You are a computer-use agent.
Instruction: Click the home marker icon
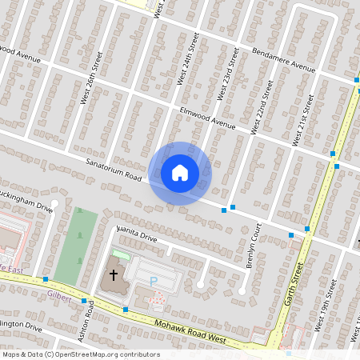pyautogui.click(x=180, y=172)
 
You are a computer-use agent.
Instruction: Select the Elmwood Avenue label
pyautogui.click(x=207, y=118)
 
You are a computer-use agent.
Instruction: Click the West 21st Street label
pyautogui.click(x=302, y=121)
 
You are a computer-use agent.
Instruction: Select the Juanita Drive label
pyautogui.click(x=137, y=233)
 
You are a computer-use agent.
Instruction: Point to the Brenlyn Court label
pyautogui.click(x=254, y=245)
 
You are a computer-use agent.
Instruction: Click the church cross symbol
pyautogui.click(x=114, y=275)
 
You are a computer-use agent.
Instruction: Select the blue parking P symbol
pyautogui.click(x=154, y=281)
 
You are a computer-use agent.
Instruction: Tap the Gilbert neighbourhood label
pyautogui.click(x=59, y=295)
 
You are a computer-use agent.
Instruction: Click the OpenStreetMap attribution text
pyautogui.click(x=81, y=354)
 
